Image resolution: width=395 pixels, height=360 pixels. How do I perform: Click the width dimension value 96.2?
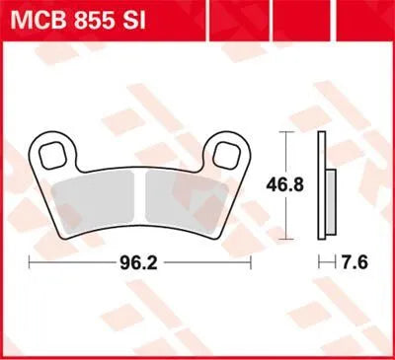coord(141,263)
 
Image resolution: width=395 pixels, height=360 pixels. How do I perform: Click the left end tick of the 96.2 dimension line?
coord(30,263)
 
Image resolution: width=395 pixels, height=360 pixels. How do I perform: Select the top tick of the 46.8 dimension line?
coord(286,132)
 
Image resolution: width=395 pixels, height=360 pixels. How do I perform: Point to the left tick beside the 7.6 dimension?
coord(319,263)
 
